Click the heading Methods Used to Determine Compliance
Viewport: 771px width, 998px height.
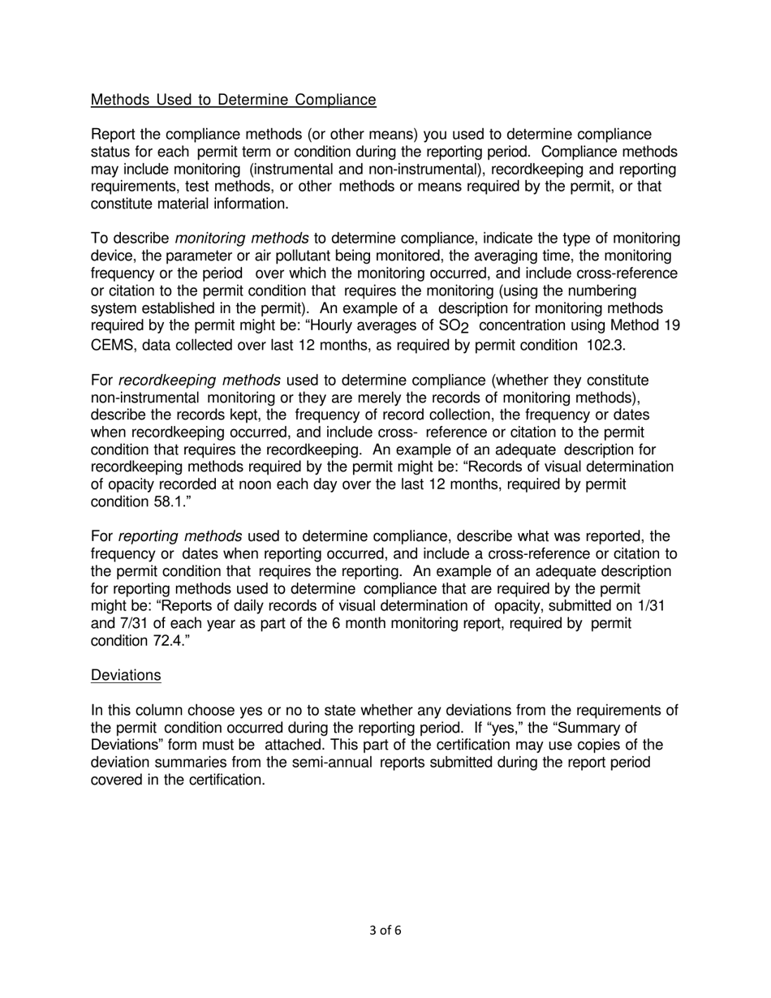point(233,100)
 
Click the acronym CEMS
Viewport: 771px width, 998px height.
point(111,344)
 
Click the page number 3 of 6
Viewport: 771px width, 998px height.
point(385,931)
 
